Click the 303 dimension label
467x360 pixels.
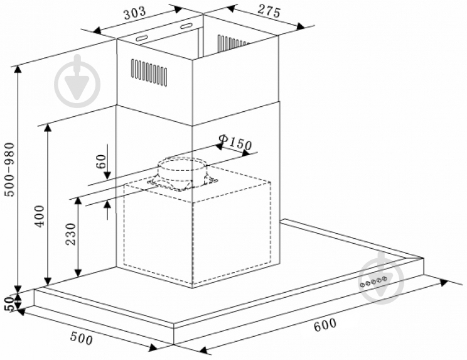point(135,13)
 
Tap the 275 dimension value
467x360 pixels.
point(269,11)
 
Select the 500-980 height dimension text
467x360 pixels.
point(11,169)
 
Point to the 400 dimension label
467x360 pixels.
point(40,216)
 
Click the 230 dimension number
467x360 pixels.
point(71,234)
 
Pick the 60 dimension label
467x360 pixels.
point(101,161)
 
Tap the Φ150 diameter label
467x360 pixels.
point(235,143)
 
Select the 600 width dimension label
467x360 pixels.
point(325,324)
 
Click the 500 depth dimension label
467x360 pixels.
point(82,338)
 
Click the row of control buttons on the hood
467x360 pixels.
point(373,281)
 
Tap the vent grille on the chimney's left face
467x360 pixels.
point(149,73)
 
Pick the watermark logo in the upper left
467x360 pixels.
point(77,81)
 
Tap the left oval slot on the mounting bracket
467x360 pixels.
point(142,38)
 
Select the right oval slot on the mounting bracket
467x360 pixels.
point(186,26)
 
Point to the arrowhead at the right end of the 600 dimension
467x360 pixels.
point(444,283)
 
